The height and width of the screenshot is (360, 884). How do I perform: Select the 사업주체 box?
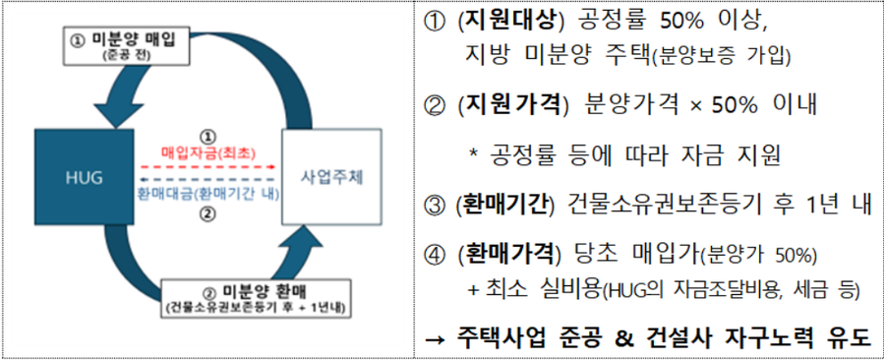tap(330, 178)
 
